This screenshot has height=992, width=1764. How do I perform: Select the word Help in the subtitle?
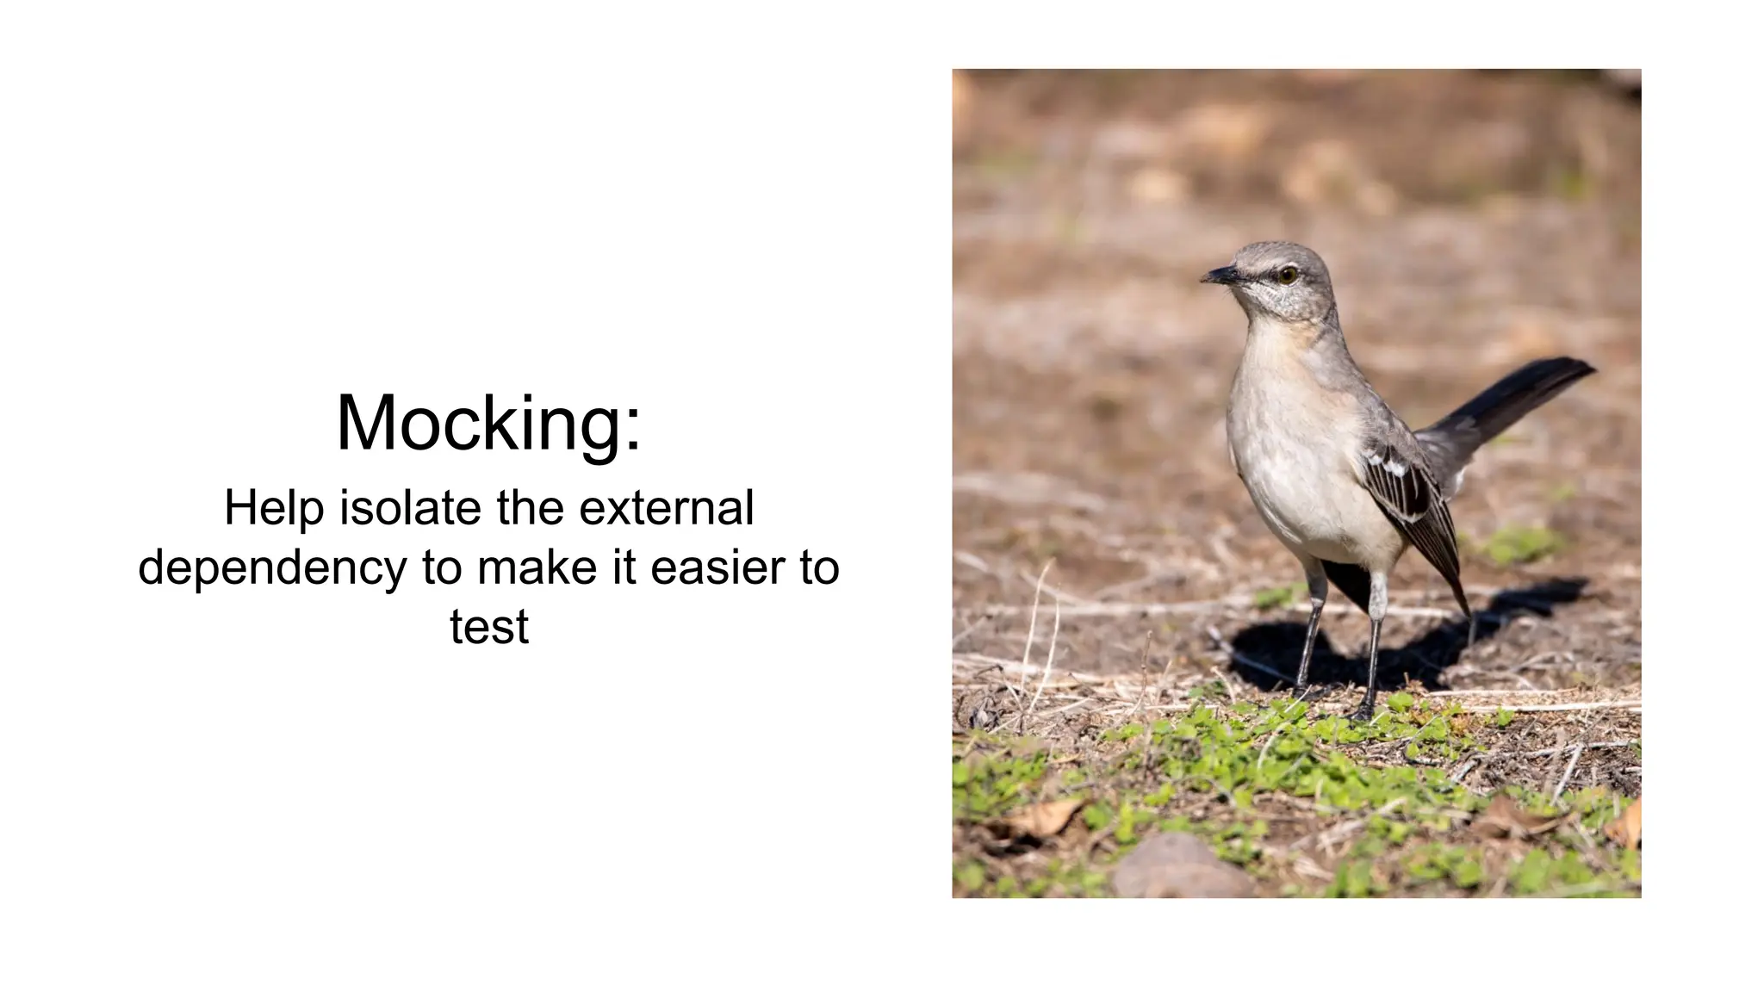[274, 507]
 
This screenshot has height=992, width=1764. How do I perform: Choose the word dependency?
[271, 568]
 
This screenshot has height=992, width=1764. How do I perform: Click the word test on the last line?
[488, 626]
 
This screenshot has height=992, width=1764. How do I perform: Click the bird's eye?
[1287, 275]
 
